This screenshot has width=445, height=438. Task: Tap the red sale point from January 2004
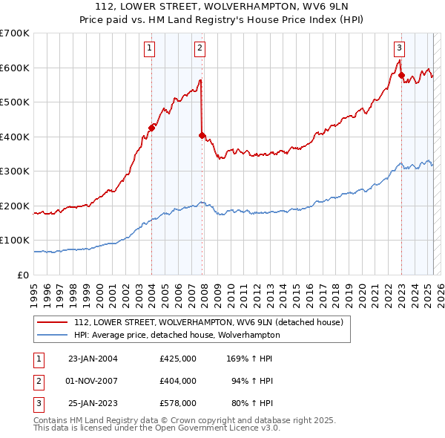[151, 128]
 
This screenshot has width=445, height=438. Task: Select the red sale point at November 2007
[202, 135]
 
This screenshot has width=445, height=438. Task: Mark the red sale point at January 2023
[401, 75]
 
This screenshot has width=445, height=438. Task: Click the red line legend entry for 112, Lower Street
[208, 323]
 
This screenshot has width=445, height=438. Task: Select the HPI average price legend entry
[177, 335]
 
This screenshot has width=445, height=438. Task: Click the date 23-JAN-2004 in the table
[93, 359]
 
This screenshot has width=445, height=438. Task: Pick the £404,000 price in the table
[177, 381]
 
